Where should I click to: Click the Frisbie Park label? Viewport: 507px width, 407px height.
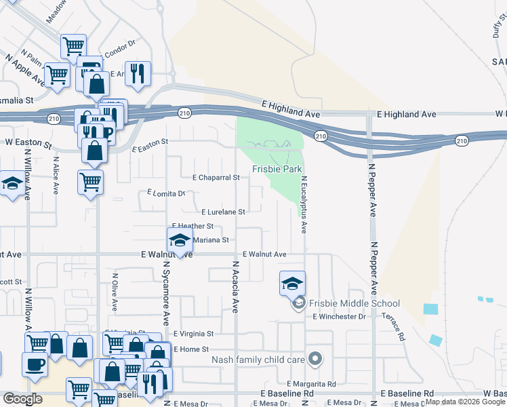277,169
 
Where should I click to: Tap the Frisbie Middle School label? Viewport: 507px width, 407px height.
352,303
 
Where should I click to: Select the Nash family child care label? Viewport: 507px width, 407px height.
258,359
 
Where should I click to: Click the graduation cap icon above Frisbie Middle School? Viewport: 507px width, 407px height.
292,283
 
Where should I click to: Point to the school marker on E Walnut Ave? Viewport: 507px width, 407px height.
180,240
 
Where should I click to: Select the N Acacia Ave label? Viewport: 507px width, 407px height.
235,286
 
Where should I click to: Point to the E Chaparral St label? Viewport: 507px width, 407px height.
216,178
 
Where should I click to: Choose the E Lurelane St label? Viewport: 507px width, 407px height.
222,212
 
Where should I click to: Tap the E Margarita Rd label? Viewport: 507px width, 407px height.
313,384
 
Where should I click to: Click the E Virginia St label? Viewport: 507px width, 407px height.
193,334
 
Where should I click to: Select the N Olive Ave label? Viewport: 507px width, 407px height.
115,291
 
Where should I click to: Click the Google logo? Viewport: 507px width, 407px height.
22,399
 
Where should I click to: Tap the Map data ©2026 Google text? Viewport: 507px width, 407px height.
465,402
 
